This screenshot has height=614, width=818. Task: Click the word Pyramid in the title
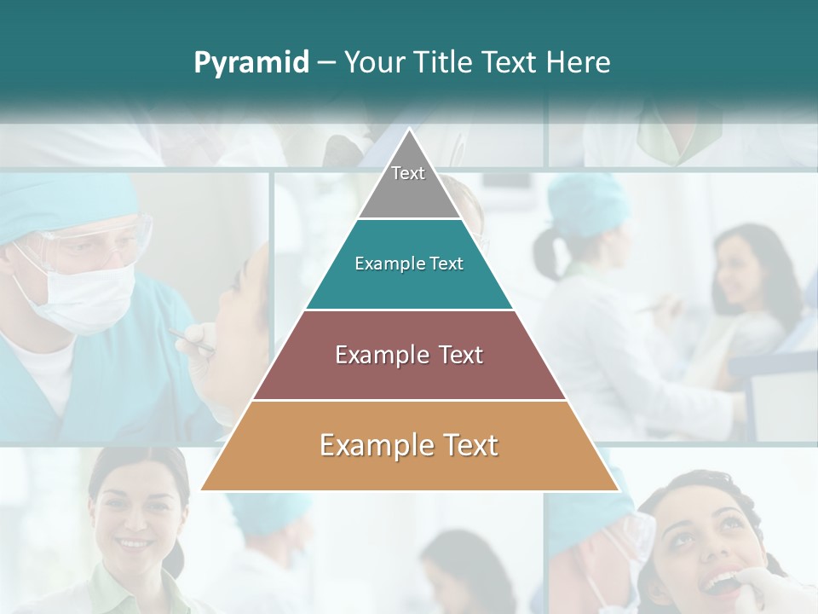point(251,63)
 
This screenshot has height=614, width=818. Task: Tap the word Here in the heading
point(579,62)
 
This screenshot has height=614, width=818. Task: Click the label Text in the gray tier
point(408,173)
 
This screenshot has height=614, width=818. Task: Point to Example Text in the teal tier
point(409,264)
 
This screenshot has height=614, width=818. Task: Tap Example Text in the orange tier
point(409,445)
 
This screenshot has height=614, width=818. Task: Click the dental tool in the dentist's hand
point(192,341)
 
